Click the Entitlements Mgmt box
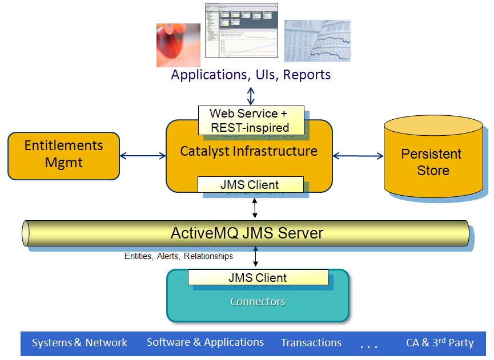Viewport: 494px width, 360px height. point(63,155)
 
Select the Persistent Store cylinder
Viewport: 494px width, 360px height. point(433,162)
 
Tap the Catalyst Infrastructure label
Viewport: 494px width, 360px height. point(249,151)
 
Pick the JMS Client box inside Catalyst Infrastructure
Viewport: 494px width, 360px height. point(250,184)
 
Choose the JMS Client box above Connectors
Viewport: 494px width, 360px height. point(258,278)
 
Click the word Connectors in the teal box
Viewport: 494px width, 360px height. point(258,301)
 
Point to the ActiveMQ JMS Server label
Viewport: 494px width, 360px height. point(247,233)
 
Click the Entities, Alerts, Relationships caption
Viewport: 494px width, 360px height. point(179,256)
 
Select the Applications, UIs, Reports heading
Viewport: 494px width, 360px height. point(251,75)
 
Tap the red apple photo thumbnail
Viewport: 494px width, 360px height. point(178,45)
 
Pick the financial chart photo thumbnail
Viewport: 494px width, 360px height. point(317,41)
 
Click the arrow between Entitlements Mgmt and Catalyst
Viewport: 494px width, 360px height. point(142,155)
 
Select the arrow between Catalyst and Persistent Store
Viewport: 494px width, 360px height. point(358,155)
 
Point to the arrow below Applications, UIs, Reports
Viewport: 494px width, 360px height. point(251,95)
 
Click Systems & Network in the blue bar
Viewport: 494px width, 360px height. point(79,343)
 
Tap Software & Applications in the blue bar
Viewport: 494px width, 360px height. point(205,342)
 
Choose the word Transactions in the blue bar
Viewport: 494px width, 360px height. point(311,343)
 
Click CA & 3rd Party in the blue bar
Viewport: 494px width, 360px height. point(440,343)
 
